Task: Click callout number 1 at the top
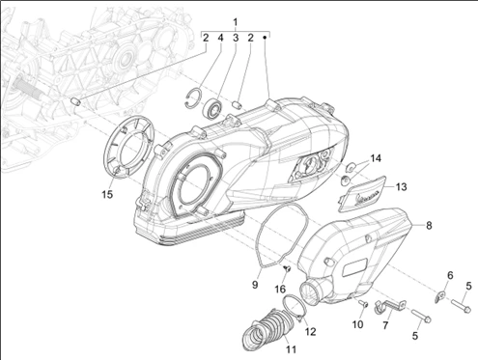pos(236,22)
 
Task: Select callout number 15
pos(107,194)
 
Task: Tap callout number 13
pos(401,186)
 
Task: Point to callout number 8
pos(429,225)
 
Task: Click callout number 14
pos(376,158)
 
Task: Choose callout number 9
pos(255,285)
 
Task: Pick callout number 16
pos(280,289)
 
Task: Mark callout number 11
pos(291,348)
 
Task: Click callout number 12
pos(310,331)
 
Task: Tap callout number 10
pos(357,324)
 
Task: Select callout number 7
pos(385,325)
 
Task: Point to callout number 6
pos(450,275)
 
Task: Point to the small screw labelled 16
pos(287,267)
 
